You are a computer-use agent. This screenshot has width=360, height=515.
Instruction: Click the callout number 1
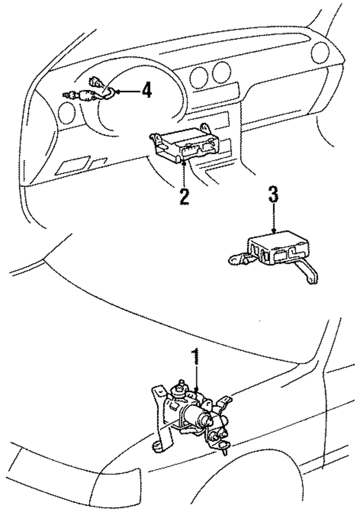[x=196, y=356]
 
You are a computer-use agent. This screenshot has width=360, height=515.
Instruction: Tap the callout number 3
[x=273, y=194]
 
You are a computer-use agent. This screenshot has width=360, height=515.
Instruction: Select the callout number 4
[x=147, y=90]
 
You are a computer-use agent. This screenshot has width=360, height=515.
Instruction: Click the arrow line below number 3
[x=274, y=218]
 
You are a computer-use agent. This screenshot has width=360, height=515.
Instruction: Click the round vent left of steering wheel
[x=67, y=113]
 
